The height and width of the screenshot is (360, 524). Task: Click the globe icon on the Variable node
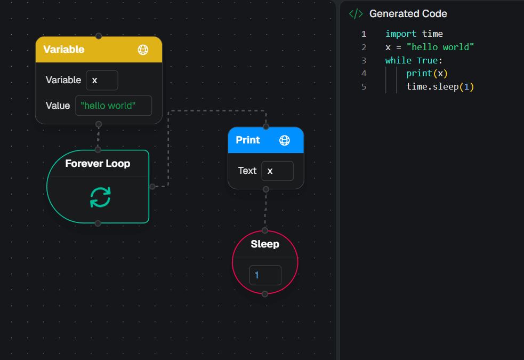pos(143,50)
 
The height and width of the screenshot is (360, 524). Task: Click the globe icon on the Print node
pos(285,140)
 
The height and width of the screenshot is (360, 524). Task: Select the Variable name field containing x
pos(102,81)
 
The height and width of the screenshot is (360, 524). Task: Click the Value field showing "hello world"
pos(114,106)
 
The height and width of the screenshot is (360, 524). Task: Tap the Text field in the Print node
pos(277,171)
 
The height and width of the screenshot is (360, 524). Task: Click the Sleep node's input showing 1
pos(265,275)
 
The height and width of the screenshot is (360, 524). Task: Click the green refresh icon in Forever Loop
pos(100,197)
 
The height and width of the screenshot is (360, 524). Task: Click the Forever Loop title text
pos(98,163)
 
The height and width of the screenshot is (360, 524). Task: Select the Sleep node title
pos(265,244)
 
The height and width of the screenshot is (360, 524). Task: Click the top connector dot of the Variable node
pos(99,36)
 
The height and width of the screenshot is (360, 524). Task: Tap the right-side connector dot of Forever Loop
pos(152,187)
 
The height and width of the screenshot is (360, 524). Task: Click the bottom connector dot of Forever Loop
pos(98,223)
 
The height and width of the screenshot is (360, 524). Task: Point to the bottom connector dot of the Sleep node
pos(265,294)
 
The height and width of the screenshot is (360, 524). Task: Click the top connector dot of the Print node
pos(266,127)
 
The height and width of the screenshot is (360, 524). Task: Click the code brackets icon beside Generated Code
pos(355,14)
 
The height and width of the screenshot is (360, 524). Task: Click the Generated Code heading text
pos(408,14)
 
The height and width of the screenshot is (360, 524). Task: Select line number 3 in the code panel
pos(364,60)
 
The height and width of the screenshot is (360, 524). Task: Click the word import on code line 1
pos(401,34)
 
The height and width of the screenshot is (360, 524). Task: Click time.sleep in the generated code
pos(432,86)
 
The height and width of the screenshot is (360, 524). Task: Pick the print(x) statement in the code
pos(426,73)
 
